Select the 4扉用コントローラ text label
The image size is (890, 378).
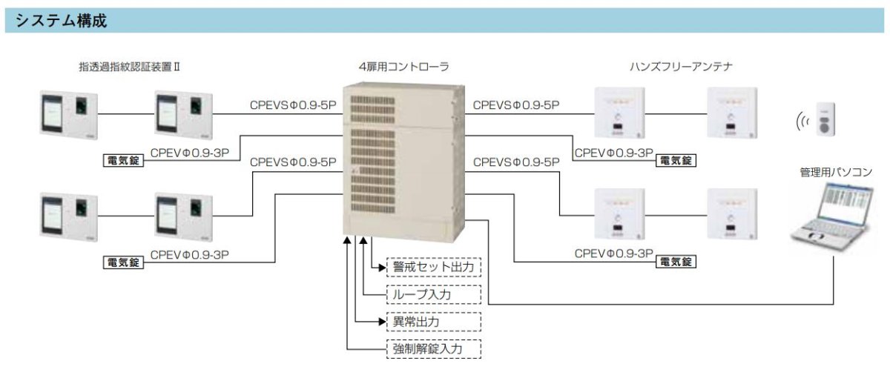(x=403, y=67)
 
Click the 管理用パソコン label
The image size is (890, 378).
(x=836, y=172)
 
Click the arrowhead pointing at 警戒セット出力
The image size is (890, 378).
(x=382, y=266)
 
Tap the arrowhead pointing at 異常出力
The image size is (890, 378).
(x=382, y=322)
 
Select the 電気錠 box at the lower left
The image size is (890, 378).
(x=122, y=262)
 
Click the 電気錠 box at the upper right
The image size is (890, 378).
(x=676, y=160)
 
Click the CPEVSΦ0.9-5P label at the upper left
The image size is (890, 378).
(x=294, y=105)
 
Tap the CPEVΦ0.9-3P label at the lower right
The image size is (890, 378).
(x=614, y=253)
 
